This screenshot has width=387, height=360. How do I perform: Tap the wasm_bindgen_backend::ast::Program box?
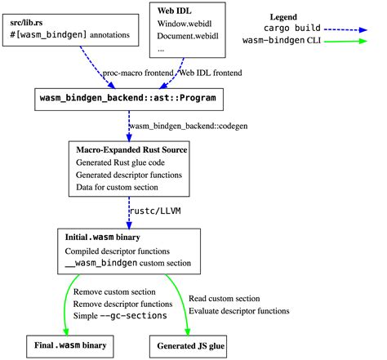tap(134, 99)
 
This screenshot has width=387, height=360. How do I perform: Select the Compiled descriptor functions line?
tap(118, 250)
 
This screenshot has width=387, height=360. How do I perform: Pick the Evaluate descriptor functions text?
tap(238, 310)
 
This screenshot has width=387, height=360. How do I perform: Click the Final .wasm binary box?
tap(69, 345)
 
